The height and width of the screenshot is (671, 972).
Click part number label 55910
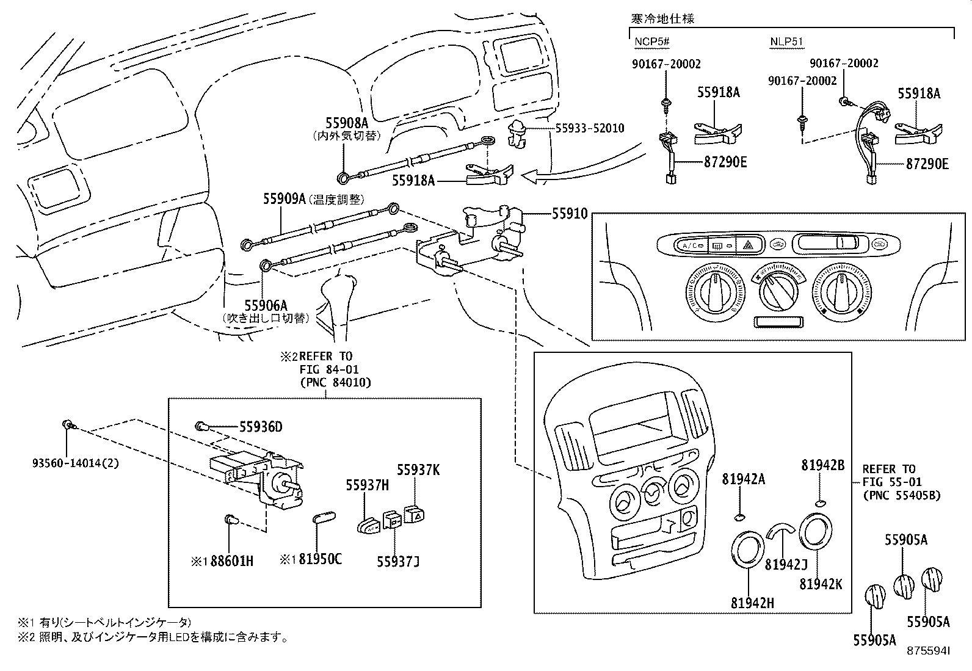coord(570,214)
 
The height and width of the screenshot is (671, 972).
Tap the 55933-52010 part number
coord(590,128)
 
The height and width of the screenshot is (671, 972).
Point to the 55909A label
coord(285,198)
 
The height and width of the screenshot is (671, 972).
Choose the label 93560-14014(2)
coord(76,463)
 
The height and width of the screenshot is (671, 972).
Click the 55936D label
coord(261,427)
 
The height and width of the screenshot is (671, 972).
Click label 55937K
coord(418,470)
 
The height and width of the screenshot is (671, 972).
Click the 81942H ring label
coord(752,603)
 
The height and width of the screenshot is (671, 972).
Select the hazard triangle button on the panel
coord(747,246)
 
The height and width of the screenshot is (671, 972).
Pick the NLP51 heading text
coord(786,42)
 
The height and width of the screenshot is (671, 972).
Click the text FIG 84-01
coord(328,369)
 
